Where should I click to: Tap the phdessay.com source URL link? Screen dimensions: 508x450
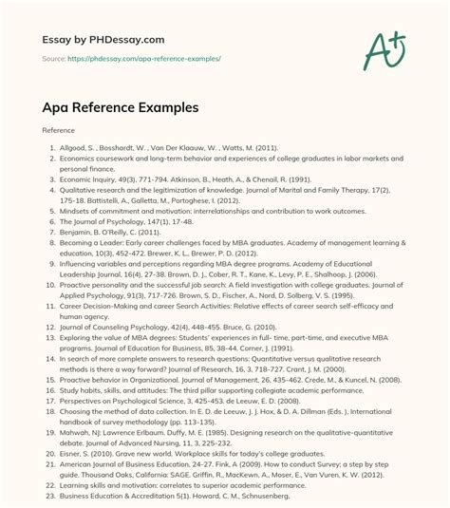(x=152, y=58)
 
